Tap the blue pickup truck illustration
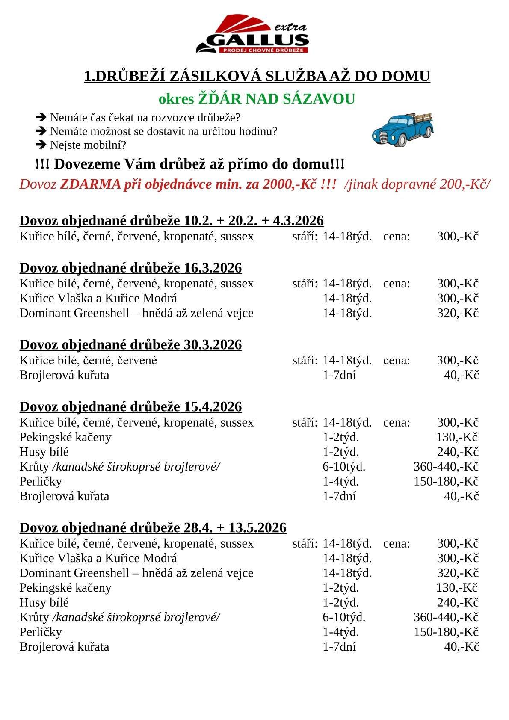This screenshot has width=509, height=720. coord(402,128)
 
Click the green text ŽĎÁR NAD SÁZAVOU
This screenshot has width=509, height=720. coord(276,99)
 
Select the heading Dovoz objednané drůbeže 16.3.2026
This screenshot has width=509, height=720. coord(130,268)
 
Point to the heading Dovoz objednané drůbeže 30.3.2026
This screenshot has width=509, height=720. coord(130,344)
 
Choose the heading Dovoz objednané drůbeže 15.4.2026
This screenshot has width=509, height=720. coord(130,406)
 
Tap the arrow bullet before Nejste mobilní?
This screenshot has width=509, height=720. coord(41,145)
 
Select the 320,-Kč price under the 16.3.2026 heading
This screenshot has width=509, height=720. coord(457,313)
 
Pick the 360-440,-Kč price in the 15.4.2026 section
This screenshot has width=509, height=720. coord(446,467)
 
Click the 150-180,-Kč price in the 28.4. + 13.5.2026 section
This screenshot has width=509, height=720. coord(446,632)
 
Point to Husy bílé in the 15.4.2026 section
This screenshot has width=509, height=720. coord(44,452)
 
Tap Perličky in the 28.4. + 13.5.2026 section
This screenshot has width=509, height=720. coord(41,632)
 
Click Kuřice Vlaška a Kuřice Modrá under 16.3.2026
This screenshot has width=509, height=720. coord(98,298)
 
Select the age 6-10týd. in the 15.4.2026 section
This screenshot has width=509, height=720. coord(344,467)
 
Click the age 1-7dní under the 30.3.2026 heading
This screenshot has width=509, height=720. coord(339,375)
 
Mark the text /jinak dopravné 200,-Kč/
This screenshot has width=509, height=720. coord(417,184)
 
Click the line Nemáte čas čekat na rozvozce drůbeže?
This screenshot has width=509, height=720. coord(145,117)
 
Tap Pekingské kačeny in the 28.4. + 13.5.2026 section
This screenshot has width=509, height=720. coord(65,588)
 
